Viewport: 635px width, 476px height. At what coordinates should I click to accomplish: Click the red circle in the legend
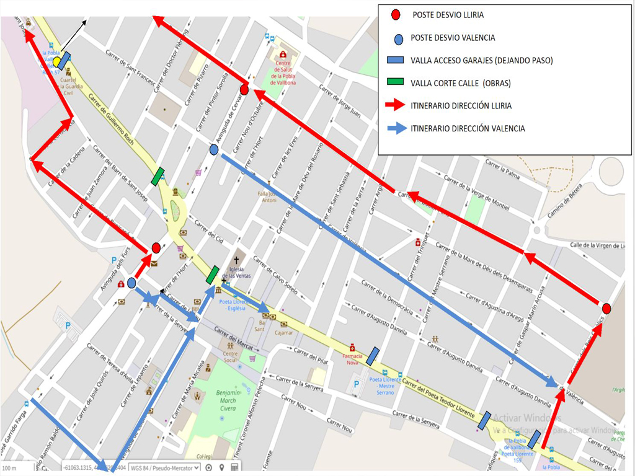396,14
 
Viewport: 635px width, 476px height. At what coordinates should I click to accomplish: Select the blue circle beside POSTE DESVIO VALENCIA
399,39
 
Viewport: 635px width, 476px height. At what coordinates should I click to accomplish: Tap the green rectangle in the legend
395,82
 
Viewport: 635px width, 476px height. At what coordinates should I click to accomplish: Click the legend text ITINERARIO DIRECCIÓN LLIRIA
461,106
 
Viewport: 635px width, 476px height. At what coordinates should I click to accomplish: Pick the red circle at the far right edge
606,308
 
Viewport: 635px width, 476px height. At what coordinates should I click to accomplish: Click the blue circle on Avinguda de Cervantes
214,149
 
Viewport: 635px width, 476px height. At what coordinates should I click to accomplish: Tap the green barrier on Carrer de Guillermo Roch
158,177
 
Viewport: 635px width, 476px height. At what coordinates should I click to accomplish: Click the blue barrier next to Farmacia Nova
373,355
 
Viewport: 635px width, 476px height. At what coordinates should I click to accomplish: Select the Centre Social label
230,357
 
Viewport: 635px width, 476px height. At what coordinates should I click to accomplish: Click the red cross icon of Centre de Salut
283,55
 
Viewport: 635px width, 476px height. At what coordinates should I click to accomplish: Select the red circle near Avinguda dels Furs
156,248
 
